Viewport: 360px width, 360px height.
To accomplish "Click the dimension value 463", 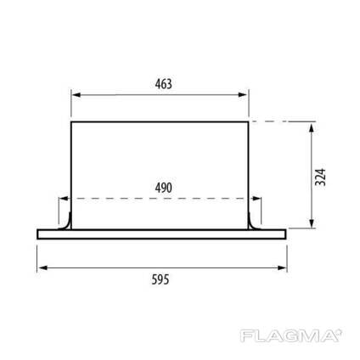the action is pyautogui.click(x=164, y=84).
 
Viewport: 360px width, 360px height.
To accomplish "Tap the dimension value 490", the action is pyautogui.click(x=164, y=188).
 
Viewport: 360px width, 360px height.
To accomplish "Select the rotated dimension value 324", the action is pyautogui.click(x=321, y=177).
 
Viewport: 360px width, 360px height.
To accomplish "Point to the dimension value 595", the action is pyautogui.click(x=160, y=279).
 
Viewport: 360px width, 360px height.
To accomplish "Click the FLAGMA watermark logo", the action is pyautogui.click(x=291, y=336).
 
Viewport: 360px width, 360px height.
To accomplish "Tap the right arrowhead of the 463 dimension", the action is pyautogui.click(x=243, y=95).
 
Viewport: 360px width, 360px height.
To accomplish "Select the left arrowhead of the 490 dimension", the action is pyautogui.click(x=64, y=199).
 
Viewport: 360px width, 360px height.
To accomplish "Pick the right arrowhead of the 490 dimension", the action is pyautogui.click(x=256, y=199).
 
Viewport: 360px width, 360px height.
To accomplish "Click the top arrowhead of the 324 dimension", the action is pyautogui.click(x=312, y=127).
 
